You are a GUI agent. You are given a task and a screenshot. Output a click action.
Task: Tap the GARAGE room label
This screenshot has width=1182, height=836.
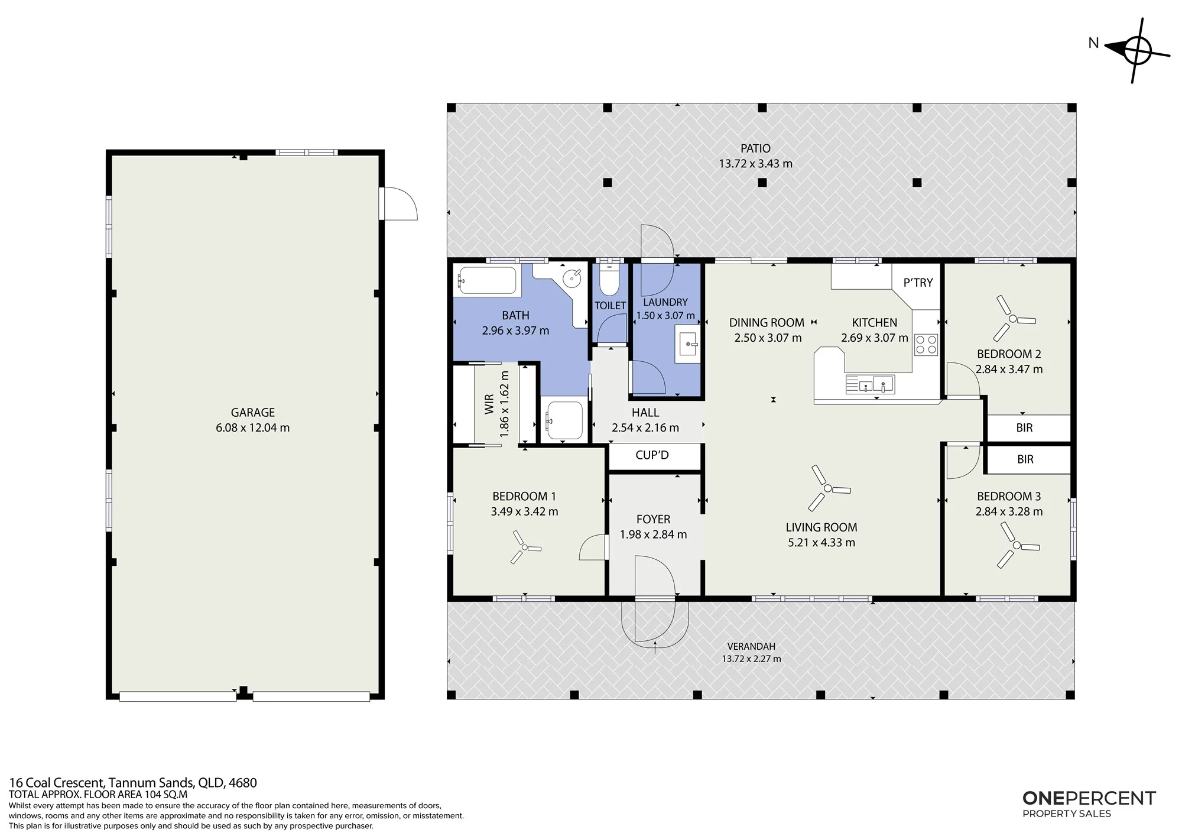pyautogui.click(x=252, y=413)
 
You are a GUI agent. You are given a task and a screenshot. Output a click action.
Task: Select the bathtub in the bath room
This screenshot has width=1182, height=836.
pyautogui.click(x=487, y=280)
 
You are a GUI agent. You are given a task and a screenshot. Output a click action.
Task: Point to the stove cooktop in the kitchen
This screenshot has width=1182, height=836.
pyautogui.click(x=926, y=345)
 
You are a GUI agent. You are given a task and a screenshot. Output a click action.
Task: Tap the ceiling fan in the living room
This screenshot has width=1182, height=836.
pyautogui.click(x=828, y=488)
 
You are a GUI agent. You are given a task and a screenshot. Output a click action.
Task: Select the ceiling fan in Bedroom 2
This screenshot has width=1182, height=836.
pyautogui.click(x=1013, y=319)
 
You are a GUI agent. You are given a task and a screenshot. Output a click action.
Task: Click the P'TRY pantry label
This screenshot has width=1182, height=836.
pyautogui.click(x=918, y=283)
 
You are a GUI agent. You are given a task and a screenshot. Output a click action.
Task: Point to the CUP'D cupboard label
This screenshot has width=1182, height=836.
pyautogui.click(x=652, y=455)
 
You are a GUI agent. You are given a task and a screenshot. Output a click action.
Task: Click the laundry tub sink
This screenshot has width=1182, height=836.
pyautogui.click(x=688, y=344)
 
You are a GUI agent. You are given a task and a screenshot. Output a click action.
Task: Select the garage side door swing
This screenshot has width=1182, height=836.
pyautogui.click(x=400, y=203)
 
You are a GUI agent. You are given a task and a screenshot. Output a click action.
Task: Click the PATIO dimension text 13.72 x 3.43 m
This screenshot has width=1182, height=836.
pyautogui.click(x=755, y=164)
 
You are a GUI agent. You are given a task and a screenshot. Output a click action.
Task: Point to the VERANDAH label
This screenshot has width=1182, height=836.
pyautogui.click(x=751, y=647)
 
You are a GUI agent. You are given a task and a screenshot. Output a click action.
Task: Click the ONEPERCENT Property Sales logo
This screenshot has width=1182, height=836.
pyautogui.click(x=1089, y=804)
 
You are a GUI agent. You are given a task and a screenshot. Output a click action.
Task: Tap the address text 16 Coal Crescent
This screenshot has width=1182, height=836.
pyautogui.click(x=56, y=783)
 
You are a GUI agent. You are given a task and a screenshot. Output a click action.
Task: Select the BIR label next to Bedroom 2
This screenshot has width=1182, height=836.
pyautogui.click(x=1024, y=428)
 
